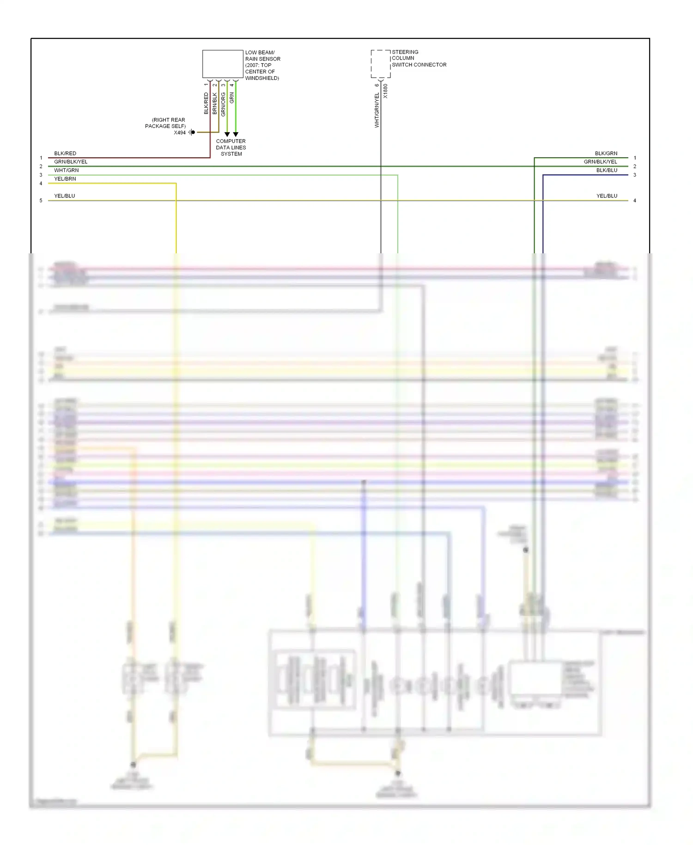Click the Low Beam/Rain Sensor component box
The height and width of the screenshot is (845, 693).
click(x=223, y=64)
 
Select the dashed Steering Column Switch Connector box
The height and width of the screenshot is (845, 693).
click(x=380, y=64)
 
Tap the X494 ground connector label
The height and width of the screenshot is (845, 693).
click(x=180, y=133)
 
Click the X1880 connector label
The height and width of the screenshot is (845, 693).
click(x=386, y=91)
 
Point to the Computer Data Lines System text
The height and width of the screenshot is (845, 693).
click(x=231, y=147)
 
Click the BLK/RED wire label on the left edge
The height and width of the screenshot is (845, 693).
click(x=65, y=153)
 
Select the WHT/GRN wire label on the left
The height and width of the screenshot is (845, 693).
click(x=67, y=171)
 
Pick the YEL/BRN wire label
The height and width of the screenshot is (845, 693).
click(x=65, y=179)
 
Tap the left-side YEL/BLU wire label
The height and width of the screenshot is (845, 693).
click(x=65, y=196)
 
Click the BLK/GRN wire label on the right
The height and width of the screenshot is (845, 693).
click(x=606, y=153)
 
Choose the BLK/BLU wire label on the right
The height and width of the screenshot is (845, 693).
click(x=607, y=171)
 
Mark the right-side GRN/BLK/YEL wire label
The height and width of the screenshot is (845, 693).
click(x=600, y=162)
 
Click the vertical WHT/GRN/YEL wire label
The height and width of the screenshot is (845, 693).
click(x=377, y=110)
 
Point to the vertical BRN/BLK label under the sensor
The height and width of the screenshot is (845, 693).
click(x=215, y=104)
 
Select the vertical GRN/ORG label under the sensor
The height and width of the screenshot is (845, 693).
click(x=223, y=104)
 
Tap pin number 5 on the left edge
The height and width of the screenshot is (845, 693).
click(x=41, y=201)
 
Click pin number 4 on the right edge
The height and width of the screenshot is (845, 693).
click(x=635, y=201)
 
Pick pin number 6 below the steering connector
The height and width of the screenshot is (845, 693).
click(x=377, y=85)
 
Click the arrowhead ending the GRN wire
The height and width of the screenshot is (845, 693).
click(x=236, y=135)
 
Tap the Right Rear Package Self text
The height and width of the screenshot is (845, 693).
click(x=165, y=123)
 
